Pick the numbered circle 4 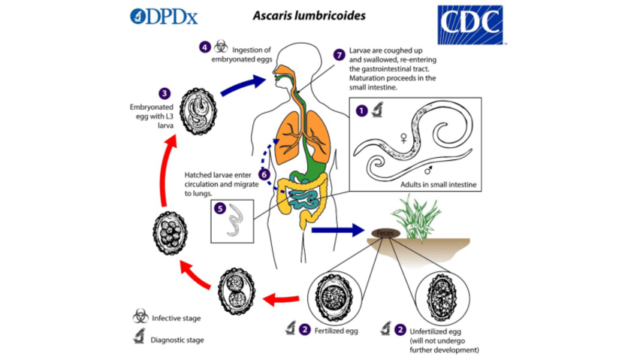(204, 47)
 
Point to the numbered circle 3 (165, 94)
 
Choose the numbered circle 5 (219, 207)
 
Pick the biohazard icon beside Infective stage (140, 318)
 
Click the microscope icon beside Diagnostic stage (140, 338)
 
